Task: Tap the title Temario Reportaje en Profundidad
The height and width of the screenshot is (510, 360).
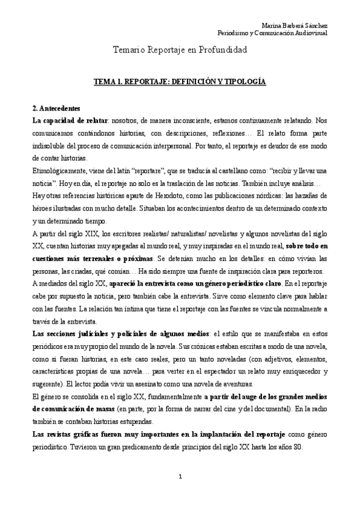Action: click(x=180, y=51)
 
